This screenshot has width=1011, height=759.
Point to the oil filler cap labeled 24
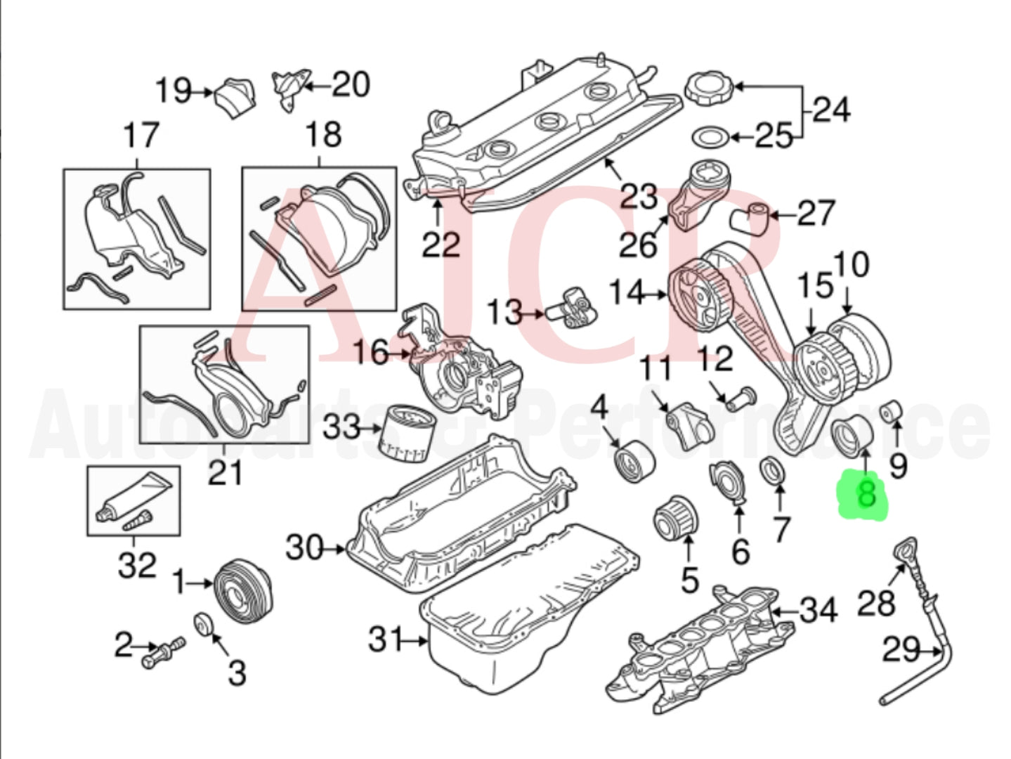coord(707,88)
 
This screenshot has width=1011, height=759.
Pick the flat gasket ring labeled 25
coord(709,137)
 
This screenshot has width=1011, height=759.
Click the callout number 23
coord(638,196)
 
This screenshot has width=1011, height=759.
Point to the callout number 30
coord(304,547)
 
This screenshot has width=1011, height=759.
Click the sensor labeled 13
coord(578,309)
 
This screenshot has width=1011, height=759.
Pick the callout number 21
coord(225,472)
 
